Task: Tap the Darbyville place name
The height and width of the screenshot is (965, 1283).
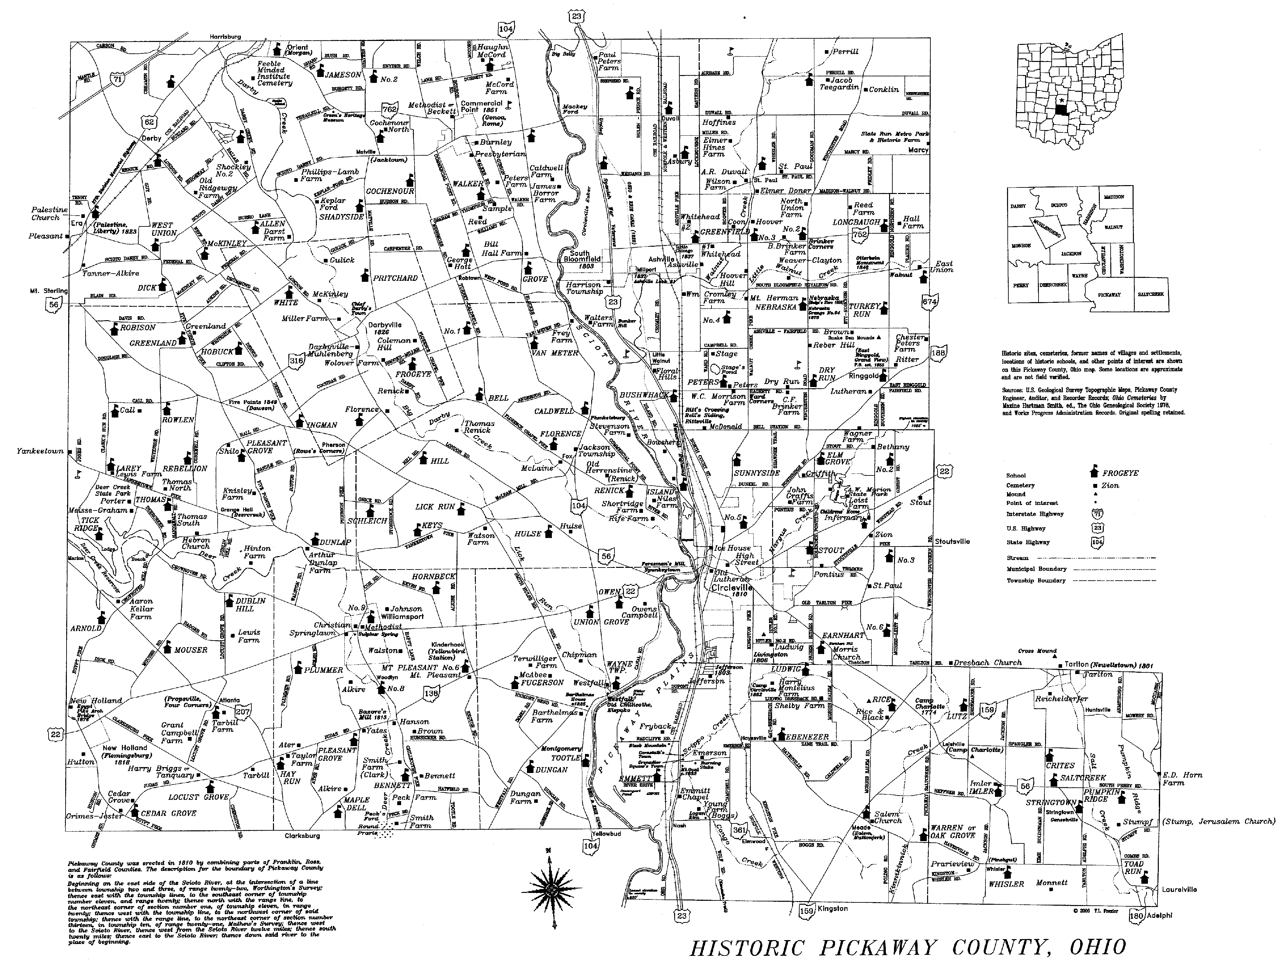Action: coord(384,325)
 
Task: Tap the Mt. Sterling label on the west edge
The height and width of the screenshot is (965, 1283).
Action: coord(49,291)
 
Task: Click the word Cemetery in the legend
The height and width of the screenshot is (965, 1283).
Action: coord(1020,485)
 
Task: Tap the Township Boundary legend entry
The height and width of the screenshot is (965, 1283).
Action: coord(1036,581)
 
